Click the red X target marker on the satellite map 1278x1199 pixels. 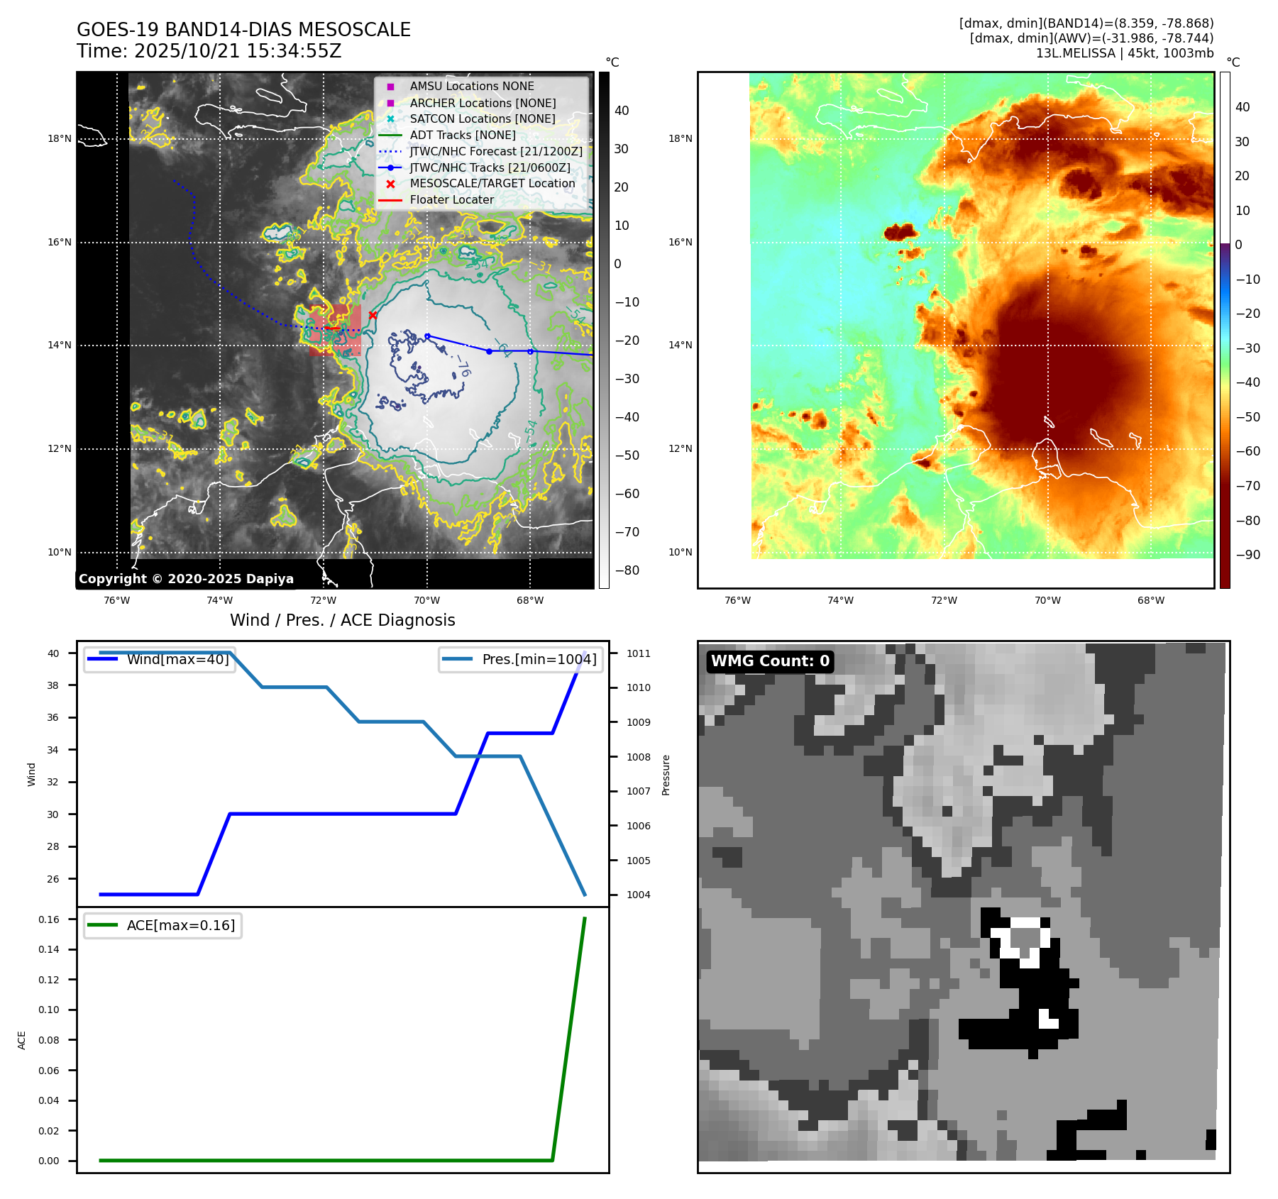(x=373, y=315)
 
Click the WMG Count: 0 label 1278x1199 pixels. (x=770, y=661)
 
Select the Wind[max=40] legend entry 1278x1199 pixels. (x=177, y=659)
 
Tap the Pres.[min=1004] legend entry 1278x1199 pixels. (x=539, y=659)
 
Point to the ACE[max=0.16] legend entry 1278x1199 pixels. (x=180, y=925)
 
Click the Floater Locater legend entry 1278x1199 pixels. (x=451, y=200)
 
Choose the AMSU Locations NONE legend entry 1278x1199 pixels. (x=471, y=87)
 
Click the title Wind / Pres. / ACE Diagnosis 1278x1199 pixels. (x=342, y=620)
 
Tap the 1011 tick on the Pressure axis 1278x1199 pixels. (x=638, y=653)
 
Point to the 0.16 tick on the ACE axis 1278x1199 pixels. (x=49, y=919)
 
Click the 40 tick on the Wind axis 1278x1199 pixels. (x=53, y=653)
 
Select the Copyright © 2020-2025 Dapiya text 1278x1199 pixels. (x=186, y=579)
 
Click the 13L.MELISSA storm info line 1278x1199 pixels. (x=1124, y=53)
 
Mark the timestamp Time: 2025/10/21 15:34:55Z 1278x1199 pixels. (x=209, y=51)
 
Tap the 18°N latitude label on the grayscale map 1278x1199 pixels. (x=60, y=138)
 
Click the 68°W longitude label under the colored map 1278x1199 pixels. (x=1150, y=600)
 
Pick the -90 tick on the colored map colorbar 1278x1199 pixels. (x=1247, y=555)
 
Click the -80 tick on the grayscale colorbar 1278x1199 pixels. (x=627, y=570)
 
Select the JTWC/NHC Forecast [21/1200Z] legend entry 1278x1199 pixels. (x=495, y=152)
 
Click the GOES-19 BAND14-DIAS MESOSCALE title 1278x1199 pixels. (x=243, y=30)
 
